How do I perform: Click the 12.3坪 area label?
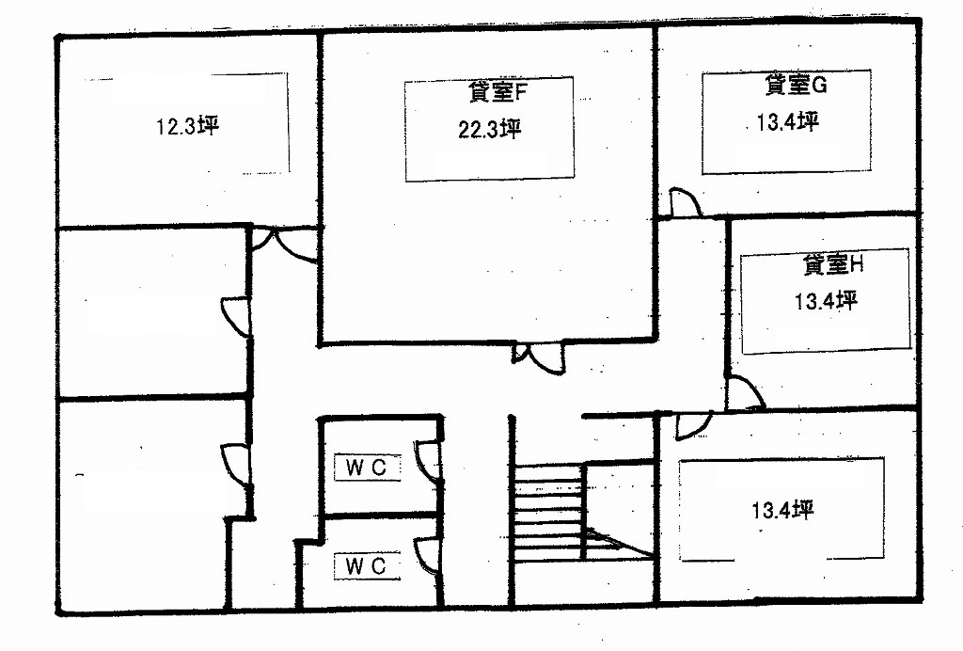coord(187,126)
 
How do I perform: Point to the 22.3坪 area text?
coord(489,130)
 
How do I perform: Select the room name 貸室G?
coord(796,86)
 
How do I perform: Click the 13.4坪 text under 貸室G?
coord(788,122)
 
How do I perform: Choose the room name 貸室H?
coord(832,265)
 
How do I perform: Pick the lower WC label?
coord(365,565)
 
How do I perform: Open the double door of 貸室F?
coord(537,357)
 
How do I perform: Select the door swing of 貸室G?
coord(684,203)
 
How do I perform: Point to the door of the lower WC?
coord(428,557)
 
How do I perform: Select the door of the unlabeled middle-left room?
coord(236,315)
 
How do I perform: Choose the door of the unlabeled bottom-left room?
coord(236,463)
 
